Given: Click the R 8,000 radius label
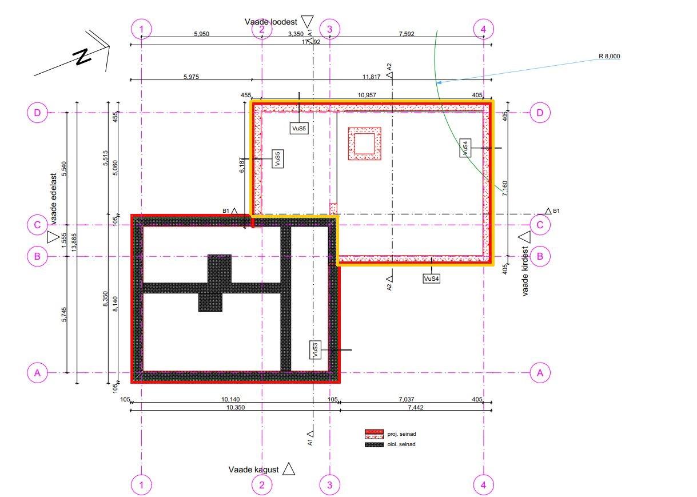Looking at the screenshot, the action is [x=609, y=56].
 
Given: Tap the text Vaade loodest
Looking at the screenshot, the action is [x=270, y=22].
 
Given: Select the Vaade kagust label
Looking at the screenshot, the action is [x=253, y=470].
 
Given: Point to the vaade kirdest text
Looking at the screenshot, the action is [x=525, y=271].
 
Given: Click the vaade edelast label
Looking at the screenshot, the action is [x=54, y=199].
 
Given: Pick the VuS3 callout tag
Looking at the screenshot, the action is [x=315, y=350].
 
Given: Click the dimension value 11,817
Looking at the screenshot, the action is [x=371, y=77].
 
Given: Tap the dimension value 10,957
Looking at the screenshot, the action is [x=367, y=95].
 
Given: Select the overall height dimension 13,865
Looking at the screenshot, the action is [x=74, y=242].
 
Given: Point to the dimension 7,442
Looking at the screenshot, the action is [x=416, y=407].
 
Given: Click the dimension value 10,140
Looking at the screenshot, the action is [x=230, y=399].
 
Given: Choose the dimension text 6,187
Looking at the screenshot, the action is [x=242, y=165].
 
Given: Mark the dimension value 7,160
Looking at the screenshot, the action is [x=505, y=189].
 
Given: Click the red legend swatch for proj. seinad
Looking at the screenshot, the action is [x=374, y=434].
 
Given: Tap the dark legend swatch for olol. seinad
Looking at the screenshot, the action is [x=374, y=445].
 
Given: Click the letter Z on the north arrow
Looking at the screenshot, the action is [x=82, y=57].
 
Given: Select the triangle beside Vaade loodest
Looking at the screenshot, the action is [x=308, y=22].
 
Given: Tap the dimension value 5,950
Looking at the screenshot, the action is [x=202, y=34].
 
